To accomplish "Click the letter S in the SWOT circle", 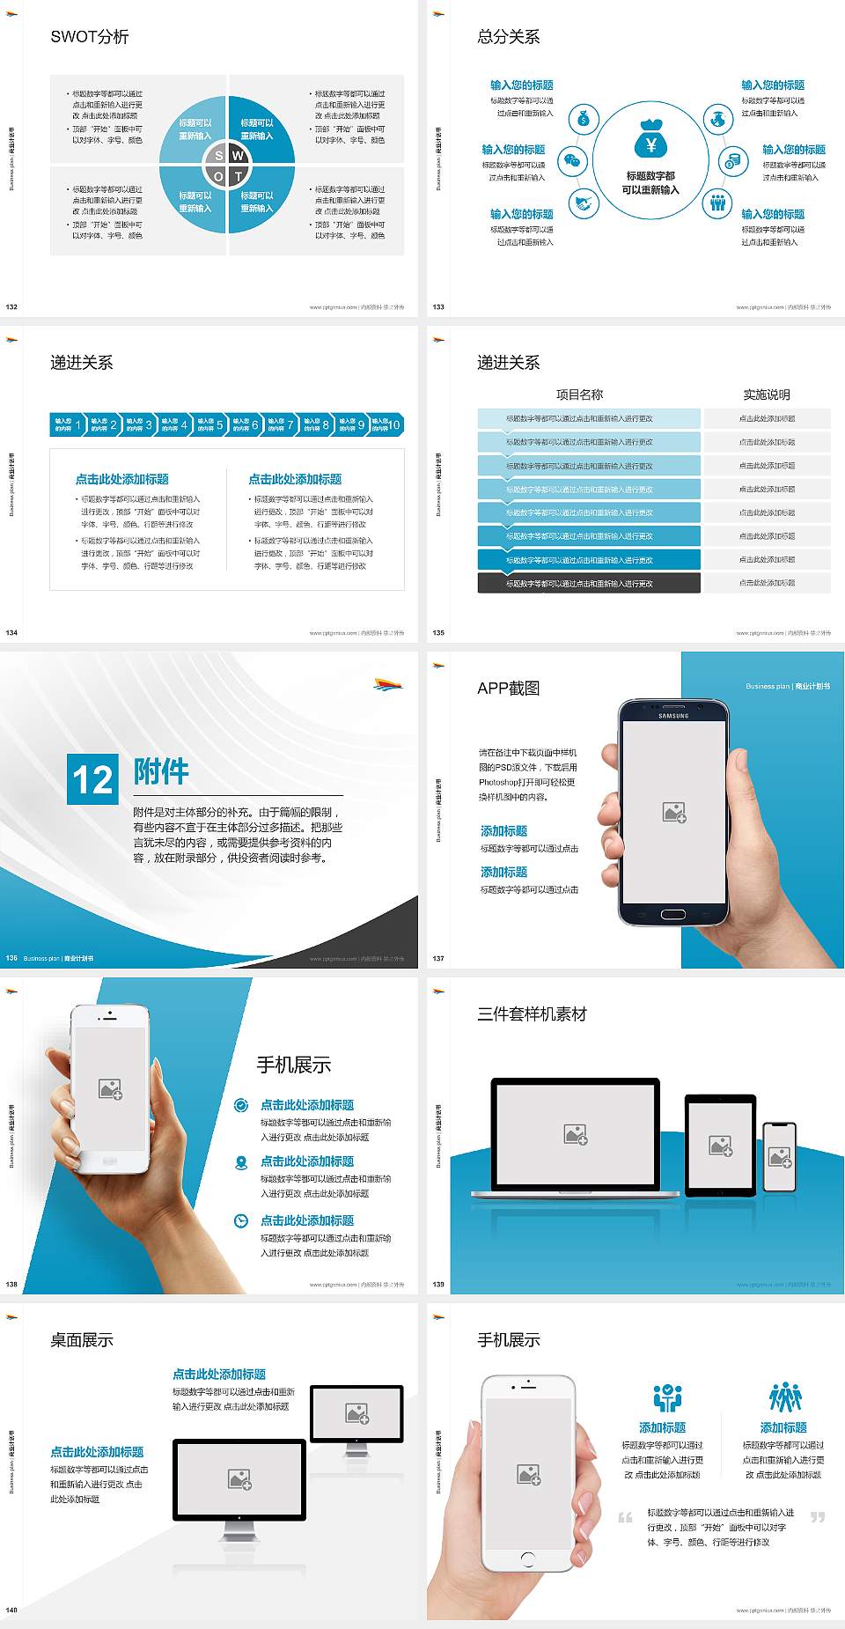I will [x=219, y=156].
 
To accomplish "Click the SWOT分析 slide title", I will [x=90, y=37].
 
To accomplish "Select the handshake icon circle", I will [x=583, y=203].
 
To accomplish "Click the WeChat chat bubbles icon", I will [x=574, y=161].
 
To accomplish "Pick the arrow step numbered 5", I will [x=209, y=425].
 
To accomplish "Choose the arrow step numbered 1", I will [x=68, y=425].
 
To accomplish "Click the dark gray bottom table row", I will [x=589, y=583].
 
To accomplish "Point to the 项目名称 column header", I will [x=579, y=394].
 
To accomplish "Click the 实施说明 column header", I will [x=766, y=394].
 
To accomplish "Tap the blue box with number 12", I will [x=92, y=779].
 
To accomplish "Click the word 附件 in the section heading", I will [x=161, y=771].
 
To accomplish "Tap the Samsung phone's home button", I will [x=672, y=914].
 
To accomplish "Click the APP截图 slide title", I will [x=508, y=689].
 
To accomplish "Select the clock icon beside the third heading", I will [x=241, y=1220].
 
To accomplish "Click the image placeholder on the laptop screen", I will [x=576, y=1134].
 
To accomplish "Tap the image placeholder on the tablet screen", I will [x=721, y=1145].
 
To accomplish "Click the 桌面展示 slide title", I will [x=82, y=1340].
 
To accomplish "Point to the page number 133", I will [x=438, y=307].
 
